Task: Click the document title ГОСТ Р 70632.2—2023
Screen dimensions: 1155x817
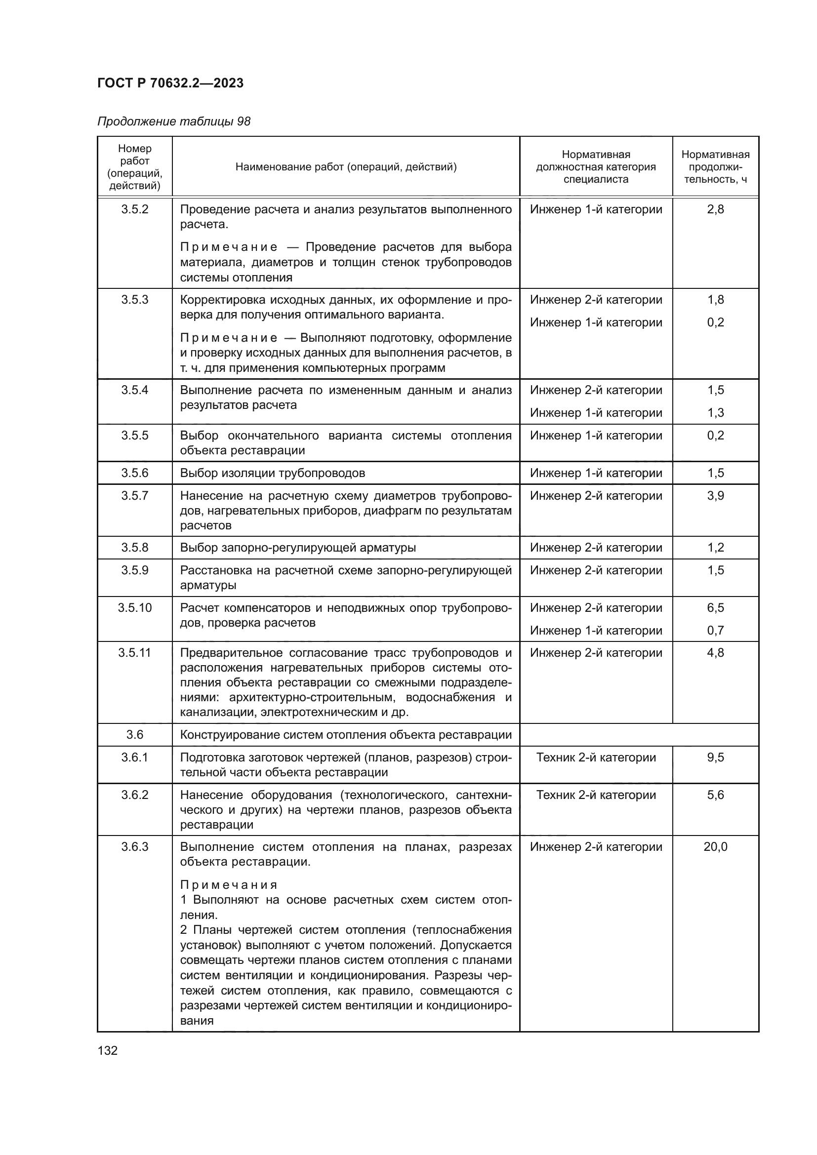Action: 170,83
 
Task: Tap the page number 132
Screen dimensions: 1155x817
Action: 107,1050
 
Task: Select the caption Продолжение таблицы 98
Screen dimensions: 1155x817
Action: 173,121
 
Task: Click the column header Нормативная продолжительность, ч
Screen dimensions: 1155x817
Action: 715,166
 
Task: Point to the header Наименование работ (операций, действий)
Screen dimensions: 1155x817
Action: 346,166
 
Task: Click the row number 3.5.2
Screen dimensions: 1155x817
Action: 134,209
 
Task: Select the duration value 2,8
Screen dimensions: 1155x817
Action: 715,209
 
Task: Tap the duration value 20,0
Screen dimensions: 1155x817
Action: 715,847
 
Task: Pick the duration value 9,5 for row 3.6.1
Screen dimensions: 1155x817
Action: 715,757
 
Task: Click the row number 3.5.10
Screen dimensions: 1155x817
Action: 134,608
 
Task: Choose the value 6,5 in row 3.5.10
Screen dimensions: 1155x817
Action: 715,608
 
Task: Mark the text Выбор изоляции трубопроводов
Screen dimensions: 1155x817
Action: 272,473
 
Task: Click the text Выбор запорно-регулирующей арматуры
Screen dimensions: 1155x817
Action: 298,547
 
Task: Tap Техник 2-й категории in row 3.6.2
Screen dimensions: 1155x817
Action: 596,795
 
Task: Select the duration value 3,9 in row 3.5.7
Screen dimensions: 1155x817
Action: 715,495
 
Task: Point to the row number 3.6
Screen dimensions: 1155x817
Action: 134,734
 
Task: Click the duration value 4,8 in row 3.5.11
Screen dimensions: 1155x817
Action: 715,652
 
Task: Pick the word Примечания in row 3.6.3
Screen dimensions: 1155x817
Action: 228,885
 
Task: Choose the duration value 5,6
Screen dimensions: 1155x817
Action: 715,795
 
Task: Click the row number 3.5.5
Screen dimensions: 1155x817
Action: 134,435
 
